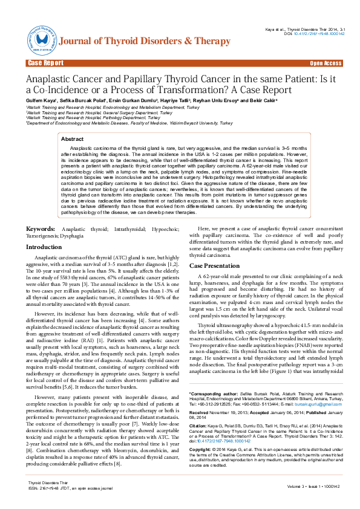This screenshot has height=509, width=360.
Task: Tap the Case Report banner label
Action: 45,63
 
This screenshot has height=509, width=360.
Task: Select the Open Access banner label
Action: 326,63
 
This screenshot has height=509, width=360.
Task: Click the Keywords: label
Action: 42,229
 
